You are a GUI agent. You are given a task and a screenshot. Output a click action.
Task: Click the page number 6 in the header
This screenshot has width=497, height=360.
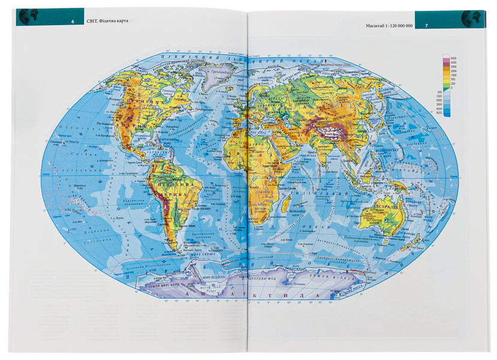pyautogui.click(x=73, y=22)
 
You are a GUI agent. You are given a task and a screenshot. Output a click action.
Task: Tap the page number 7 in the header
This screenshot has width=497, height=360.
pyautogui.click(x=426, y=25)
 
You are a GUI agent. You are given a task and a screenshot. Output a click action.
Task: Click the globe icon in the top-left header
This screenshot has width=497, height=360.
pyautogui.click(x=25, y=17)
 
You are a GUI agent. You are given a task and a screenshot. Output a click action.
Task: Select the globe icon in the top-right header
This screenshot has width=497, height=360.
pyautogui.click(x=471, y=19)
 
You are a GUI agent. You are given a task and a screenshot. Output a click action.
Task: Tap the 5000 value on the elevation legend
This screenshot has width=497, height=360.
pyautogui.click(x=453, y=56)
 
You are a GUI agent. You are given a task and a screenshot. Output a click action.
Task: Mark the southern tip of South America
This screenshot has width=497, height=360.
pyautogui.click(x=177, y=251)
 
